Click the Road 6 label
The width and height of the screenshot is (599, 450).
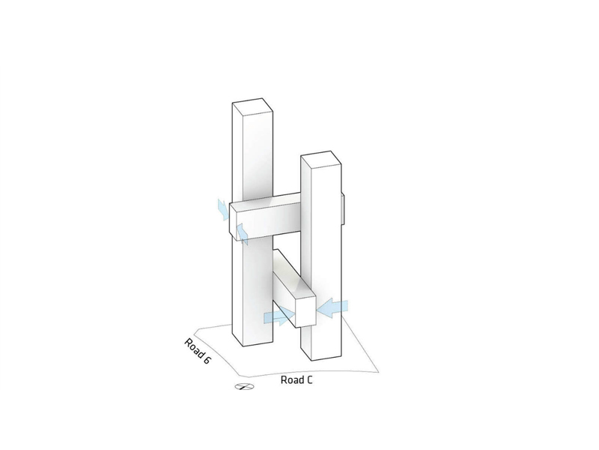pyautogui.click(x=197, y=351)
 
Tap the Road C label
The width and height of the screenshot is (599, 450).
pyautogui.click(x=297, y=380)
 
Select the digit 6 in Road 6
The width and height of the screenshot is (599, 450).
pyautogui.click(x=207, y=360)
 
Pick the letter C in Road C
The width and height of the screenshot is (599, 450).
pyautogui.click(x=308, y=380)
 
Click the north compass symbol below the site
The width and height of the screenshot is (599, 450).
pyautogui.click(x=244, y=387)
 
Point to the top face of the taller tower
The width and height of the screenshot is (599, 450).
pyautogui.click(x=252, y=106)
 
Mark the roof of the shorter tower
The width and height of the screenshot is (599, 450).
pyautogui.click(x=321, y=159)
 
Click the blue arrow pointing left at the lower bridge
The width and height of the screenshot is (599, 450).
pyautogui.click(x=332, y=308)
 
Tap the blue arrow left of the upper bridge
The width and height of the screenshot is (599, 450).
pyautogui.click(x=222, y=209)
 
